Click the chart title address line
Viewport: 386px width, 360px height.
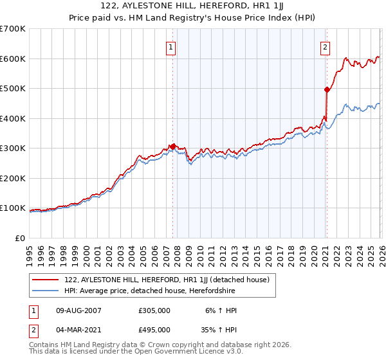[193, 6]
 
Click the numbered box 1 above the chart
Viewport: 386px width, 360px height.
[172, 46]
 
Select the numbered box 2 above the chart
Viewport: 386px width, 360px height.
[326, 46]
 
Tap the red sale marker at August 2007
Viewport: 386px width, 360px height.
[172, 147]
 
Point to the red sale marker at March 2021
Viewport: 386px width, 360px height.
[327, 90]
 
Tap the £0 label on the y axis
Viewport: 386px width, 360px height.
[19, 239]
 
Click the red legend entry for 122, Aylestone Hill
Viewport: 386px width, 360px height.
[170, 280]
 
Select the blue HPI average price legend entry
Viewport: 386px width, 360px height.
[150, 291]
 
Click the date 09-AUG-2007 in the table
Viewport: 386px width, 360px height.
[78, 310]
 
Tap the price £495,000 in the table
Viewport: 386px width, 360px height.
[154, 330]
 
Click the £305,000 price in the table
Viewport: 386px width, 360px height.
[154, 310]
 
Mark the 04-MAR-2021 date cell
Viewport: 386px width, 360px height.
[78, 330]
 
